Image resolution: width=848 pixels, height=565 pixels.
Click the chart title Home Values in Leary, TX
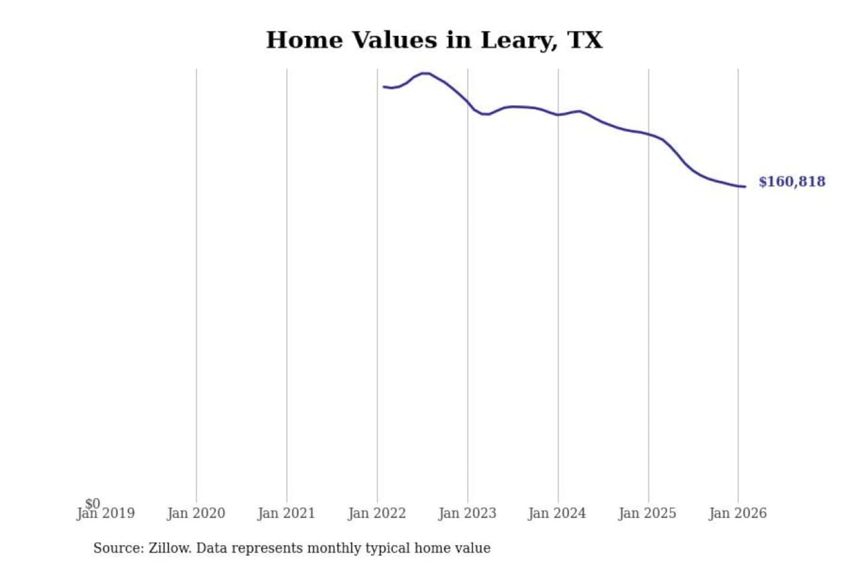tap(434, 40)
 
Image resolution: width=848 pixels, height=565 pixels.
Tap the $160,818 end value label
tap(791, 181)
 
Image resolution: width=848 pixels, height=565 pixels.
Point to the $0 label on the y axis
tap(92, 504)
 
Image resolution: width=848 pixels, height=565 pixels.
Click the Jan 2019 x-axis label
tap(106, 514)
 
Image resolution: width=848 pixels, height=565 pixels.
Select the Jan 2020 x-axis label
tap(196, 514)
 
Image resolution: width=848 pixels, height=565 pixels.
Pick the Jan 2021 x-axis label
tap(286, 514)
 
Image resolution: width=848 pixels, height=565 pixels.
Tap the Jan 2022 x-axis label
tap(377, 514)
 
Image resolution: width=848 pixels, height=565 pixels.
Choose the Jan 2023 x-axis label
tap(467, 514)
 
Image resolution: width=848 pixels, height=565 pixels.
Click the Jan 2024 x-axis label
tap(557, 514)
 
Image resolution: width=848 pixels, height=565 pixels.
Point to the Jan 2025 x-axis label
tap(647, 514)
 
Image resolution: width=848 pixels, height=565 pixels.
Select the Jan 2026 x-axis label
tap(737, 514)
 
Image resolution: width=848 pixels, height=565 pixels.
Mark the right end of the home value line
tap(745, 187)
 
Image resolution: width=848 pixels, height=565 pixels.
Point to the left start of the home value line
tap(384, 87)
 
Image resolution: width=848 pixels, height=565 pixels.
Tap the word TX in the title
tap(585, 40)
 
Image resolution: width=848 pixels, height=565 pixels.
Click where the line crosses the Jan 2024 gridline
tap(558, 115)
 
